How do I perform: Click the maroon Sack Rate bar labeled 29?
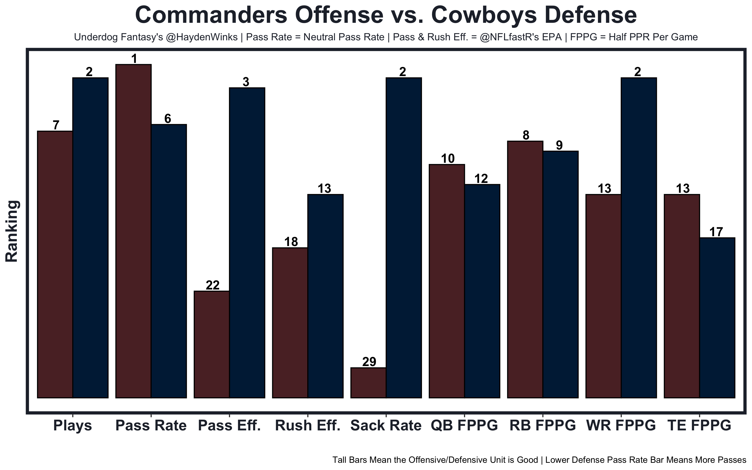point(368,383)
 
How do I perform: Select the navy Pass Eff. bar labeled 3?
point(247,242)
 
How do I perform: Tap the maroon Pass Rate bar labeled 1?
point(133,231)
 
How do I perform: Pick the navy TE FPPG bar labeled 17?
point(717,318)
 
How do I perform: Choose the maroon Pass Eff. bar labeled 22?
point(212,344)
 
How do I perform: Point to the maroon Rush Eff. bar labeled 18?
point(290,323)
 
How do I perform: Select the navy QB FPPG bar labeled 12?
point(482,291)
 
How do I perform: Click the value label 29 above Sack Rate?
point(369,362)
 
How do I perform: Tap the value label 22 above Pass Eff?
point(213,285)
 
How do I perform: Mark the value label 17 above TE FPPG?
point(716,232)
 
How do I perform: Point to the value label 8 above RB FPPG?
point(526,135)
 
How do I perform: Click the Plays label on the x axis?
point(72,426)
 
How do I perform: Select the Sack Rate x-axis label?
point(386,426)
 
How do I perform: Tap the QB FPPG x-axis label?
point(464,426)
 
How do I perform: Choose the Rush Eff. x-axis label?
point(308,426)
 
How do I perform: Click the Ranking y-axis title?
point(12,231)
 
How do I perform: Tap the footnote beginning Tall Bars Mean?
point(539,460)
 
